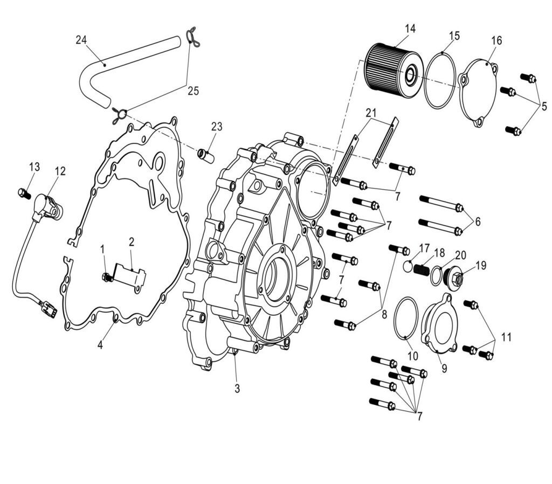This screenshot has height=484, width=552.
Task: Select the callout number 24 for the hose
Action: point(81,39)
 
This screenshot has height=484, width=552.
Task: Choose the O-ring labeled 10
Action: point(406,320)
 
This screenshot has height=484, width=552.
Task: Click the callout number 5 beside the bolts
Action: point(544,106)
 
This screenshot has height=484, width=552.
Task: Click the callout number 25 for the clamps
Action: point(192,91)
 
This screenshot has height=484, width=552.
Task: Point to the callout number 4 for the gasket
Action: point(100,345)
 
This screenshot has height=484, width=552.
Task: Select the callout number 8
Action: point(384,314)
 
